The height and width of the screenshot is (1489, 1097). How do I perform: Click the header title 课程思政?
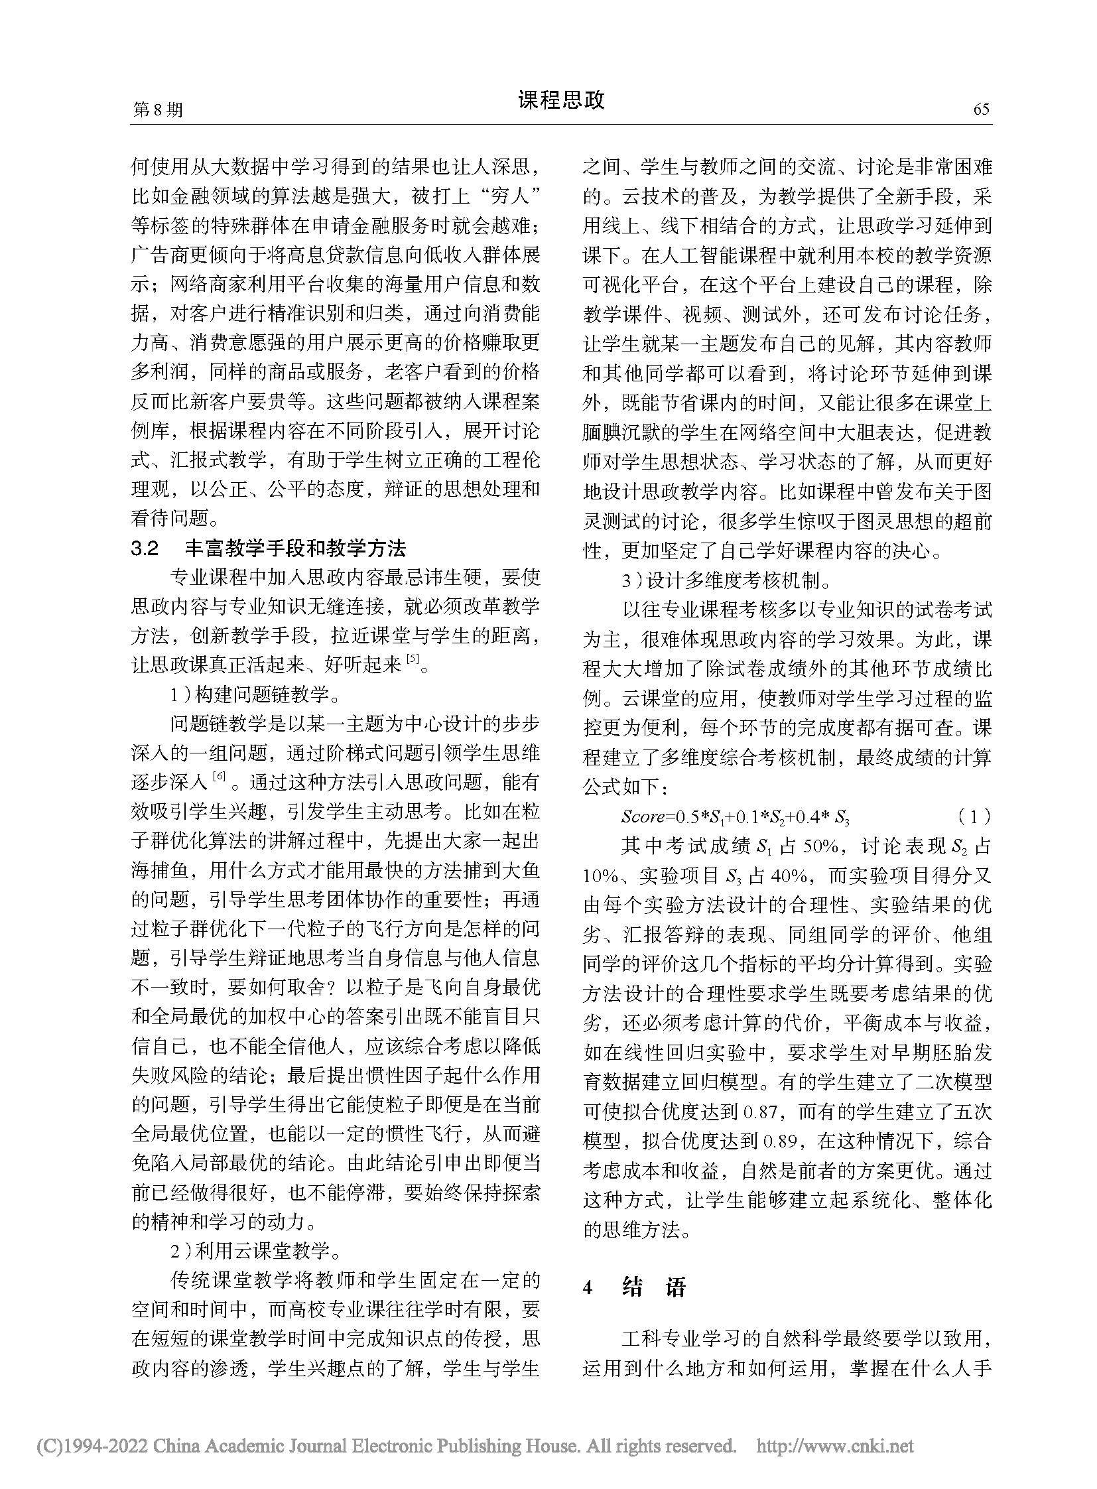[561, 100]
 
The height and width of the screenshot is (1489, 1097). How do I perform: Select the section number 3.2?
[145, 549]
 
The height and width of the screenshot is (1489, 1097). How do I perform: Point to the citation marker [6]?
[218, 776]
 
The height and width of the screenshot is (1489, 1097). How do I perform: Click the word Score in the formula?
[643, 816]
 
